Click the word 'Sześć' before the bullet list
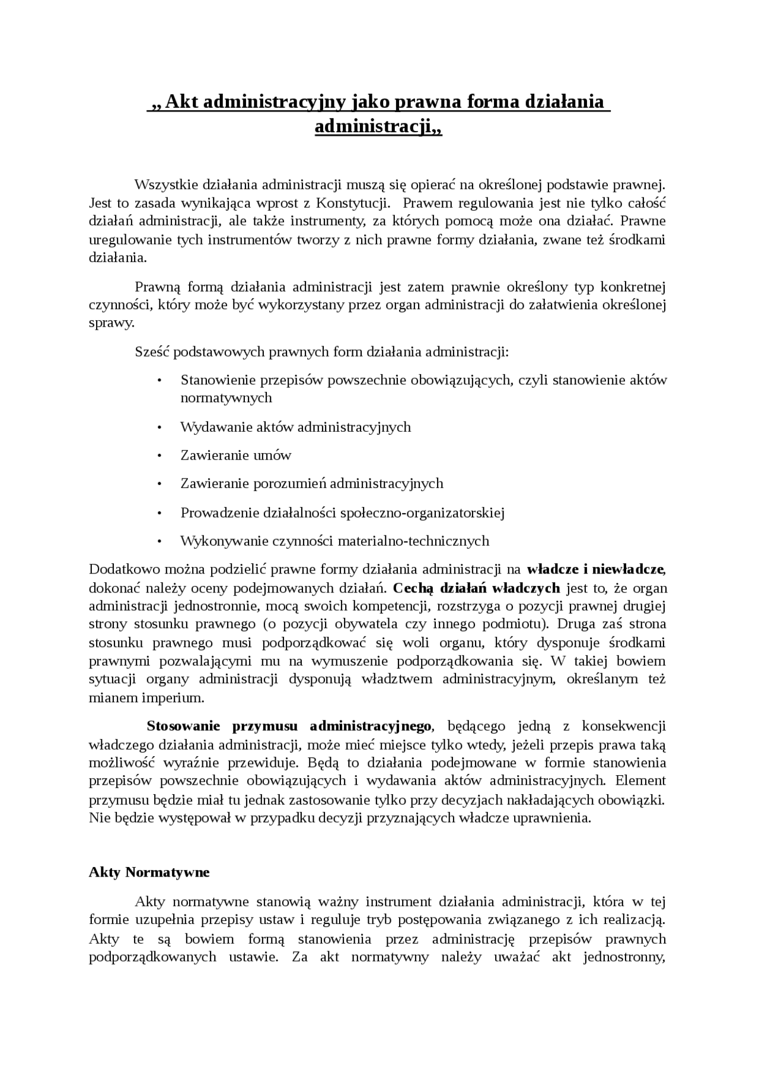[x=152, y=352]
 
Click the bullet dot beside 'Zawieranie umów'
[x=159, y=456]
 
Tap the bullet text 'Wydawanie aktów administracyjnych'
[x=295, y=427]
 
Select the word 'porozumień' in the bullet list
[x=290, y=483]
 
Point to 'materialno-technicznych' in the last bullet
[x=413, y=541]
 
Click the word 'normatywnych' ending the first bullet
[x=226, y=398]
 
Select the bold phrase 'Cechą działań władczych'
[x=476, y=588]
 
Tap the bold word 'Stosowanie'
[x=183, y=726]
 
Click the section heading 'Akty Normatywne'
[x=149, y=872]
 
